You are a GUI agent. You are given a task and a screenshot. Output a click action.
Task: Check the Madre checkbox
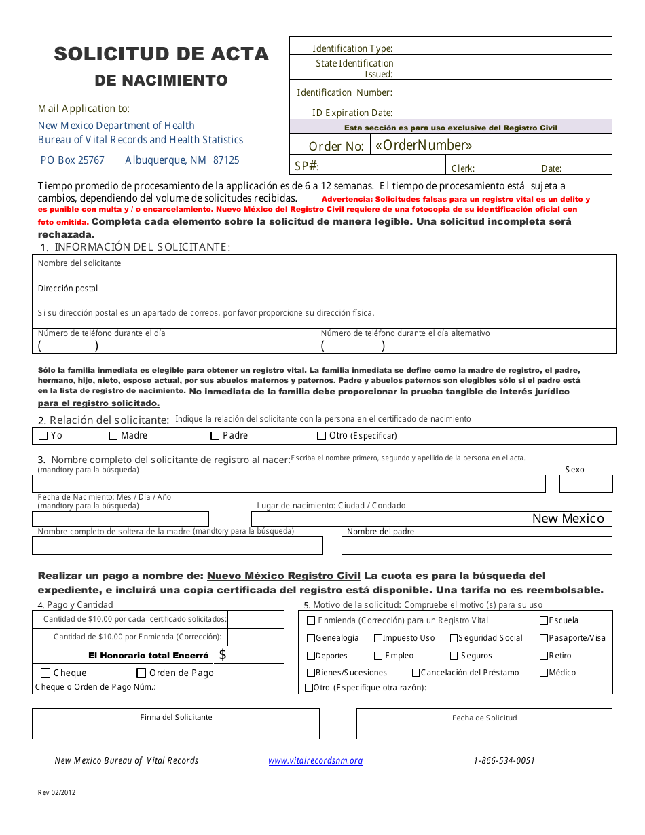coord(113,436)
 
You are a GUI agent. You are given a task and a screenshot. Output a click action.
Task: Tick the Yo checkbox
coord(43,436)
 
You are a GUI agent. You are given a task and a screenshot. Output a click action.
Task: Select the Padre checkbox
coord(215,436)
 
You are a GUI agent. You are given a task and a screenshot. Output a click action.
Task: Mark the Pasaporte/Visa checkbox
coord(544,638)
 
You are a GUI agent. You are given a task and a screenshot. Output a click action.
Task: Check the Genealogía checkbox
coord(311,638)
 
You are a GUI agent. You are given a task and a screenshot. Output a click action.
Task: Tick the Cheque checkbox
coord(45,673)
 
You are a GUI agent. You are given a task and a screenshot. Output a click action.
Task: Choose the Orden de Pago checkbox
coord(141,673)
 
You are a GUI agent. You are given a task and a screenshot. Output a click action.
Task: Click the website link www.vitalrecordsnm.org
coord(316,760)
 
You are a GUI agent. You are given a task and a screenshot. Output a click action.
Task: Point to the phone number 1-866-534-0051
coord(504,760)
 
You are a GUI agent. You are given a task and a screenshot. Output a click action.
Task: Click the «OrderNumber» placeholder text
coord(424,145)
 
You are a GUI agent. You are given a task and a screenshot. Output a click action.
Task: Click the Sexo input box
coord(585,483)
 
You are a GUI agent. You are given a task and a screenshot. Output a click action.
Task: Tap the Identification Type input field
coord(504,47)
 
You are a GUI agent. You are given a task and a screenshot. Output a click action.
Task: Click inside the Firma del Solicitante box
coord(175,728)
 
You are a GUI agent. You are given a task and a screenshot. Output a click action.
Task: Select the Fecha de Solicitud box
coord(483,728)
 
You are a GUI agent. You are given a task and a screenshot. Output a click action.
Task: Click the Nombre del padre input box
coord(476,545)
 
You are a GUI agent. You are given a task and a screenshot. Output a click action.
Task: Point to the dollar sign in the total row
coord(223,655)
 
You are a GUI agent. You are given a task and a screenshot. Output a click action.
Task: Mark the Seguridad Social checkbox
coord(454,638)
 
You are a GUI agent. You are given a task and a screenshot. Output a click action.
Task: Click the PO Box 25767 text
coord(73,160)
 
